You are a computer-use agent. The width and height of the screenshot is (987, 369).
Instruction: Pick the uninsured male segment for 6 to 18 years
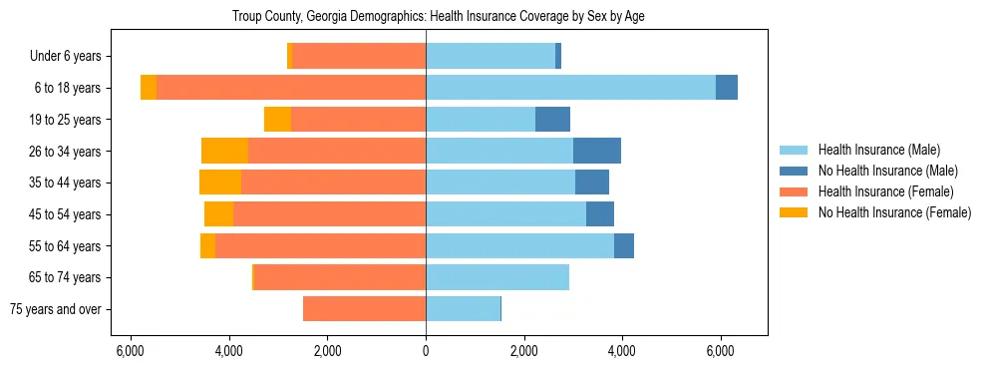coord(727,88)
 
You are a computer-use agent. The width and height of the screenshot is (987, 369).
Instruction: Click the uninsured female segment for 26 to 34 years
coord(224,151)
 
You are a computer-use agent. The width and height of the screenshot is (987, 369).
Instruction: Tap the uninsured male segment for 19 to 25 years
coord(552,120)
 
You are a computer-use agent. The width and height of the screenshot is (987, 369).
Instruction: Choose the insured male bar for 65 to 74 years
coord(497,277)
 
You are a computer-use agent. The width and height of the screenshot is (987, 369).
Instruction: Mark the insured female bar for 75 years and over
coord(364,309)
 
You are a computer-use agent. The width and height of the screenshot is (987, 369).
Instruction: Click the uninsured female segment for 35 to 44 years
coord(220,183)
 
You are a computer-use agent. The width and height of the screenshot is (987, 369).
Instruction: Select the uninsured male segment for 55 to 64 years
coord(624,245)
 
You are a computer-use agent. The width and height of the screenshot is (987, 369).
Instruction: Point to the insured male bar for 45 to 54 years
coord(505,214)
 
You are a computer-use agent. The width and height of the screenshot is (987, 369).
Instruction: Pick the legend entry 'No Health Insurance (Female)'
coord(893,212)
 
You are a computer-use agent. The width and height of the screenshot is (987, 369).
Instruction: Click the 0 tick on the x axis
coord(426,351)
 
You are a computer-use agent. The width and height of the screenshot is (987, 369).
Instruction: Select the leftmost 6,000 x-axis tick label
coord(132,351)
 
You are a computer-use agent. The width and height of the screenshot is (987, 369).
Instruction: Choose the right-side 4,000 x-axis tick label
coord(621,351)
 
